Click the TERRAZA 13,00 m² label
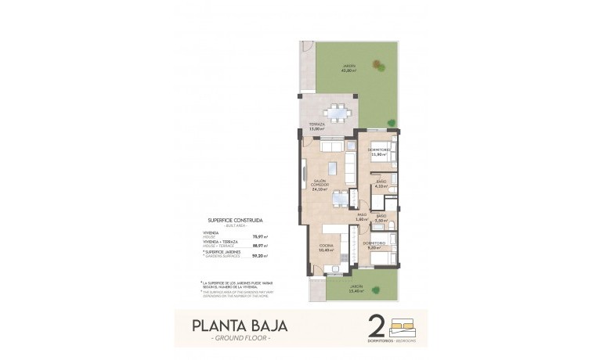[x=316, y=127]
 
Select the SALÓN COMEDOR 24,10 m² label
[x=318, y=185]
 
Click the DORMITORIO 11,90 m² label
[x=380, y=152]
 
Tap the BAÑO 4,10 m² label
[x=381, y=185]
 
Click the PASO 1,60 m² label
[x=362, y=218]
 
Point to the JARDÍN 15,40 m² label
[x=357, y=287]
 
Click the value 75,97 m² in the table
[x=259, y=236]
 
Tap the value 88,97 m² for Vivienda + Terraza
[x=259, y=246]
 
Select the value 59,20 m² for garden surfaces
[x=259, y=256]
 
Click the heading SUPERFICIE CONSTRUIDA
[x=235, y=221]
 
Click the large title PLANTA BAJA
[x=238, y=324]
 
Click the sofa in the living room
[x=332, y=146]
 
